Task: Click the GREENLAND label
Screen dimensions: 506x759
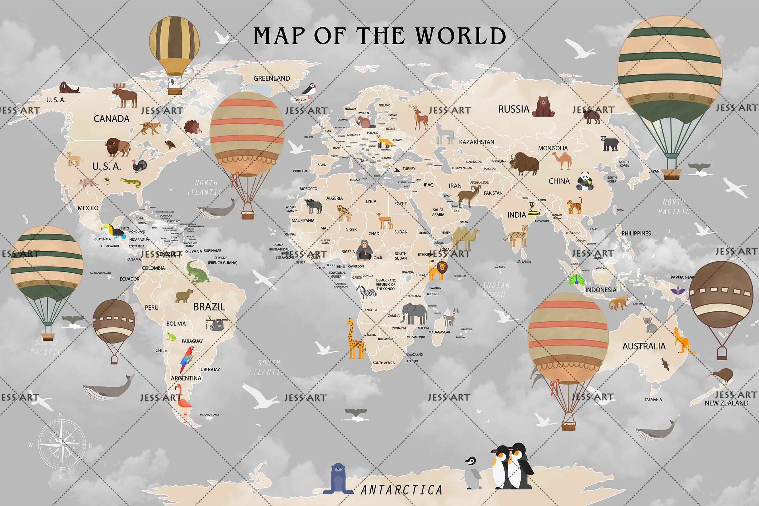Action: pos(271,78)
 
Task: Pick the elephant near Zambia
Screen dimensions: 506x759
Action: pos(413,313)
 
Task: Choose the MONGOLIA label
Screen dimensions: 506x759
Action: pos(553,148)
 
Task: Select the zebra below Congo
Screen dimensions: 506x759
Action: pos(367,293)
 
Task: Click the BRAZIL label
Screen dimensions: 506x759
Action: pos(209,307)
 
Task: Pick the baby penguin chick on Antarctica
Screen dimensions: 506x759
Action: pos(472,472)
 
